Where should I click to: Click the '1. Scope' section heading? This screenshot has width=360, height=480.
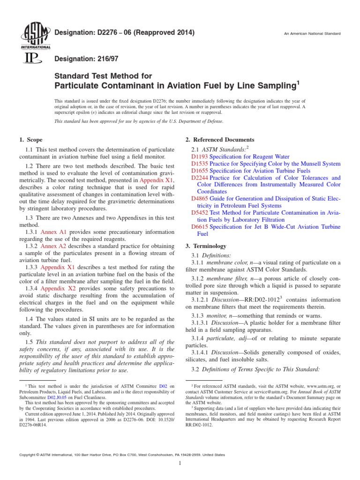(30, 140)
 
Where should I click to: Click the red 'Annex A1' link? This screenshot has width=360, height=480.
(53, 232)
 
